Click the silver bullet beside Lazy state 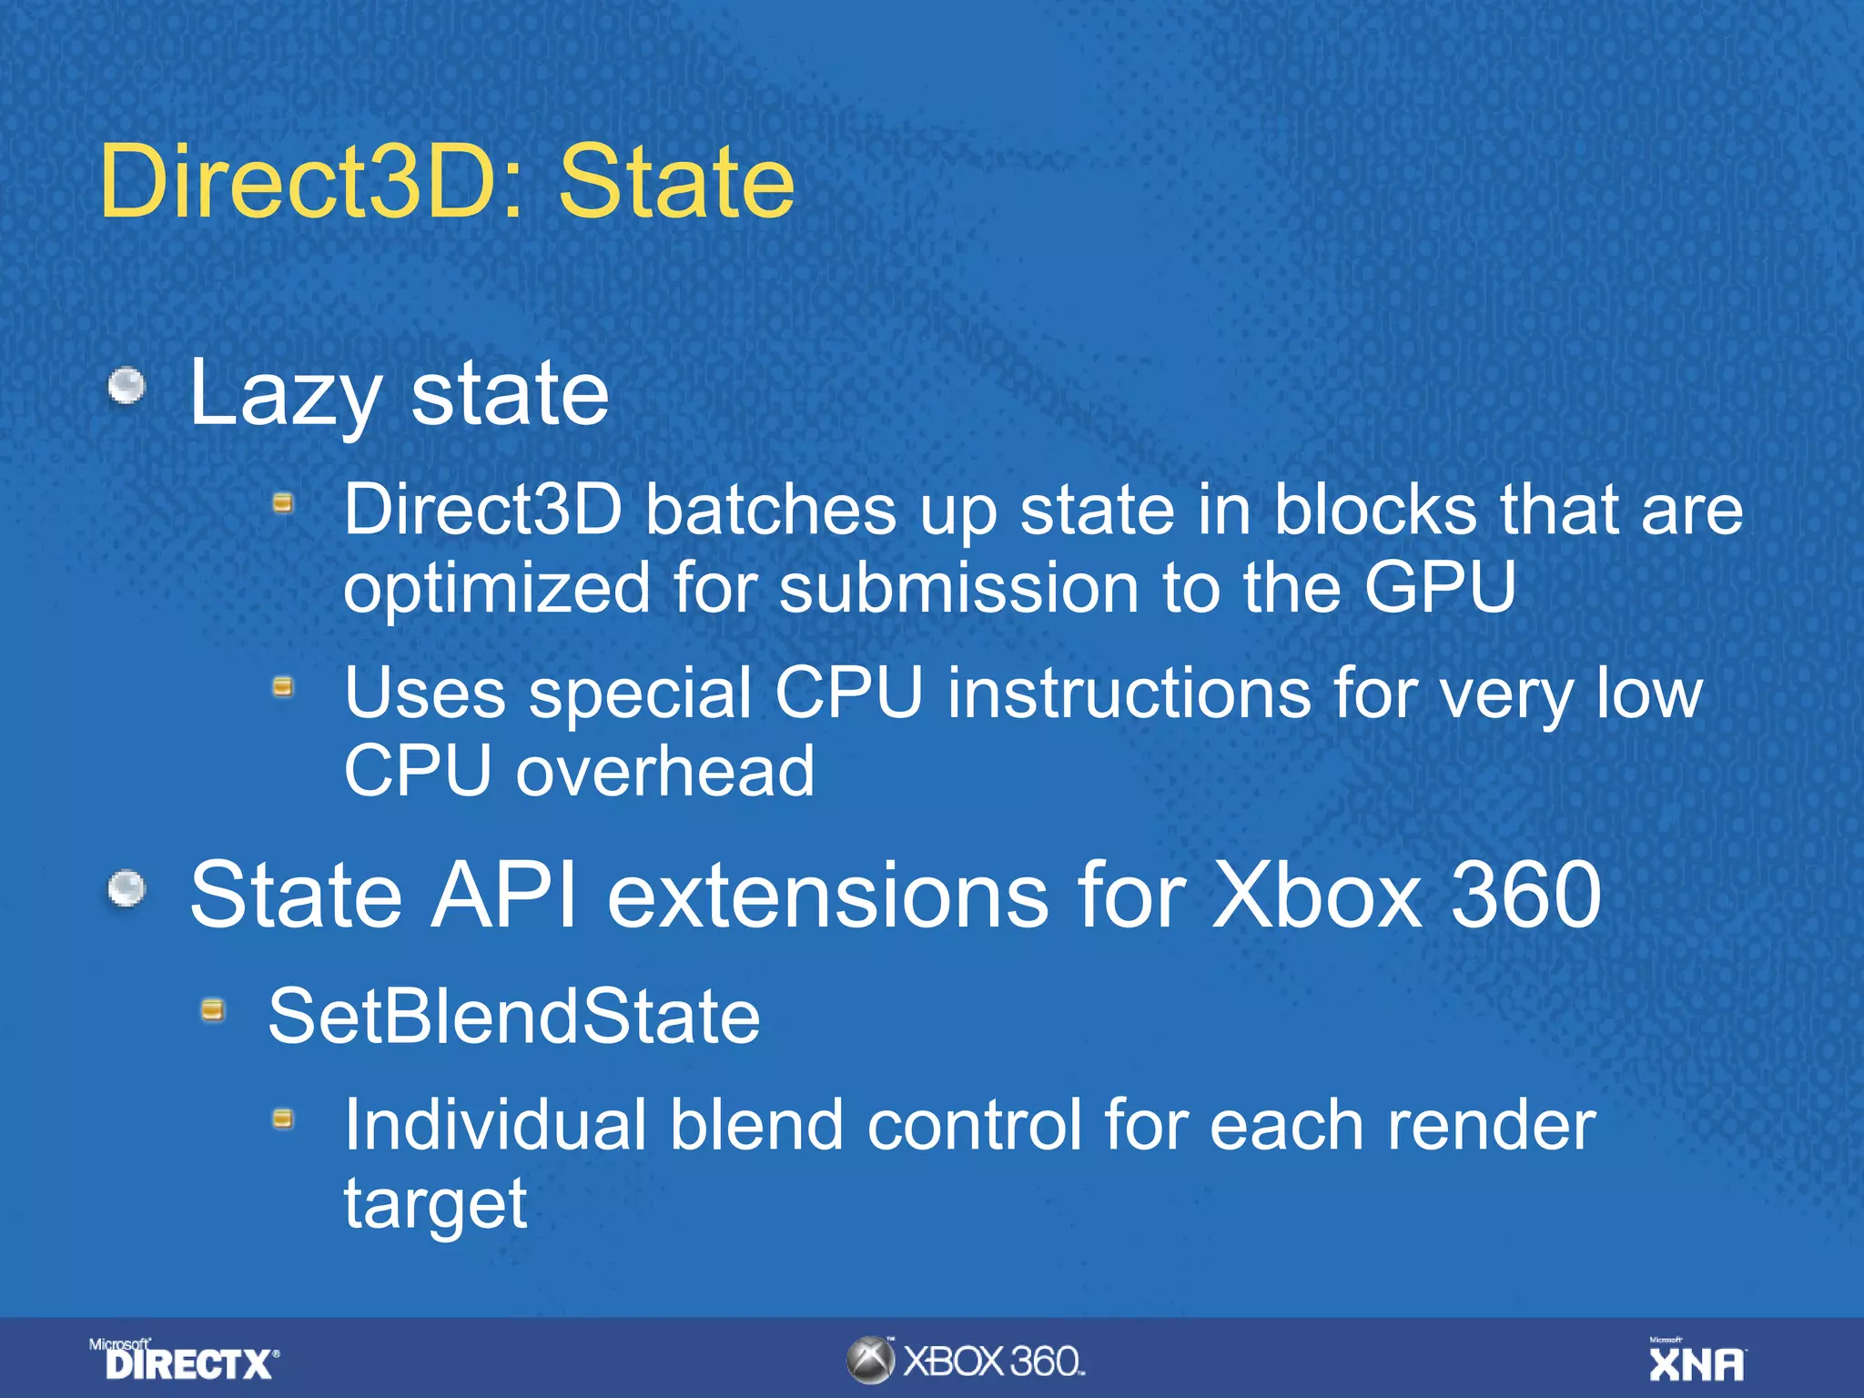point(127,386)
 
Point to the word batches point(770,510)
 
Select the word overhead point(665,772)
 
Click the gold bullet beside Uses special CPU point(283,687)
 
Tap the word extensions point(827,896)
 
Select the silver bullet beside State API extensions point(127,889)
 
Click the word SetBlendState point(514,1017)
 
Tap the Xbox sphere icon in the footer point(870,1361)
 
